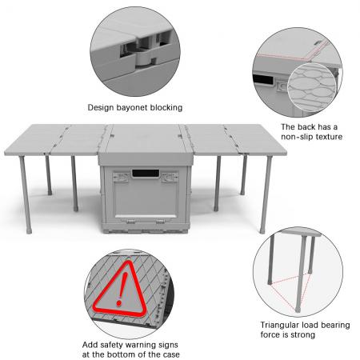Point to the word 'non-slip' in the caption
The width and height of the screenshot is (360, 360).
299,137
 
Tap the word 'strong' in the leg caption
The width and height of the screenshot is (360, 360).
305,336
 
